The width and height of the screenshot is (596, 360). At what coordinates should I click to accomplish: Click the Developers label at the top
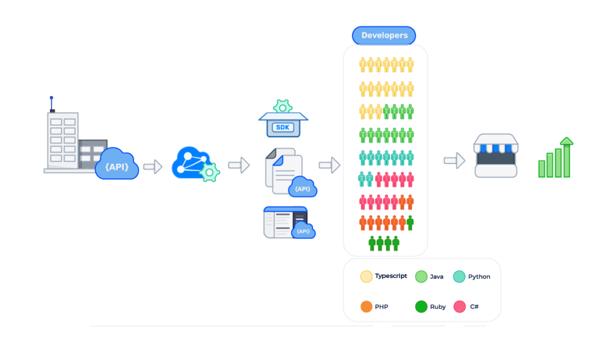coord(384,35)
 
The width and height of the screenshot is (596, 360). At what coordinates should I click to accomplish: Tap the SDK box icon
coord(283,126)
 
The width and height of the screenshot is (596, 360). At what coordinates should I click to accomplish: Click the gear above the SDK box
coord(283,106)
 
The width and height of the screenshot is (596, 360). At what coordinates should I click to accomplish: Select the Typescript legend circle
coord(366,277)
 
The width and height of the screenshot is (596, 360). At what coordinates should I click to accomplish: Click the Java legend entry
coord(430,277)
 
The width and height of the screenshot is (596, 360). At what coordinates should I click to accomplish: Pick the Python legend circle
coord(459,277)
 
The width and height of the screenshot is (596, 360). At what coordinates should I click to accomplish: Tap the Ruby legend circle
coord(421,306)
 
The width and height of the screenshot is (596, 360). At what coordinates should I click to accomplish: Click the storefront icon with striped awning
coord(496,155)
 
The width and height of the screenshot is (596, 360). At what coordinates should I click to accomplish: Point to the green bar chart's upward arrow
coord(566,142)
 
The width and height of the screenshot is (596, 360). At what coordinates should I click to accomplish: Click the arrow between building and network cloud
coord(152,167)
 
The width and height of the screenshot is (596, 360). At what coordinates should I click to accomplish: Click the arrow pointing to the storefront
coord(454,161)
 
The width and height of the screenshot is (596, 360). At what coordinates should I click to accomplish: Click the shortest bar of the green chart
coord(542,169)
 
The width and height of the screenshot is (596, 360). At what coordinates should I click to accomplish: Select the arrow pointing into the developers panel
coord(329,165)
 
